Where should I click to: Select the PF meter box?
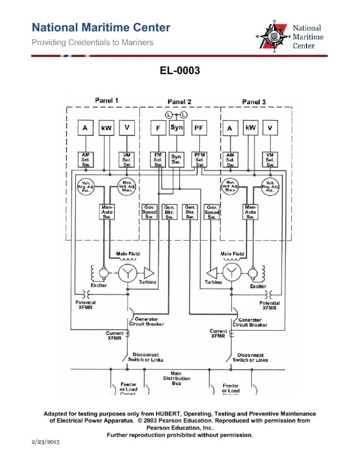[x=199, y=128]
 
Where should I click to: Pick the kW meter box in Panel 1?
[x=106, y=128]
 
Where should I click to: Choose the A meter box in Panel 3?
[x=230, y=128]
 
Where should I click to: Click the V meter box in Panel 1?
[x=126, y=128]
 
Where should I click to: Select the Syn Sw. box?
[x=176, y=159]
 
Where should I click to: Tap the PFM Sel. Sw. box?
[x=199, y=159]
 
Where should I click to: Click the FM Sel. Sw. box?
[x=158, y=159]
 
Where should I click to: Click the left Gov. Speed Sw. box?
[x=149, y=212]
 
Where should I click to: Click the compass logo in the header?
[x=274, y=35]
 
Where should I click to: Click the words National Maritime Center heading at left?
[x=101, y=28]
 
